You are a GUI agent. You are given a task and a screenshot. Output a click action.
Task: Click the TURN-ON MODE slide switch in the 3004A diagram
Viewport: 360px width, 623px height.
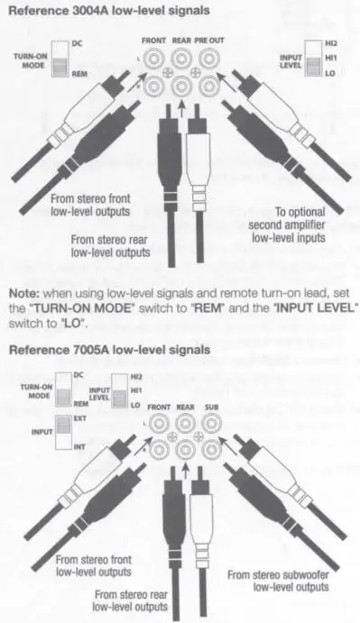(x=60, y=60)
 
